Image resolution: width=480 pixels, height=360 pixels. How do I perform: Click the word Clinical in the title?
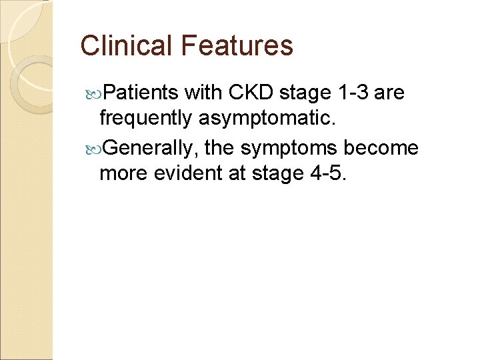coord(126,45)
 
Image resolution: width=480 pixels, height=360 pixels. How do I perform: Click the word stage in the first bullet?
coord(304,93)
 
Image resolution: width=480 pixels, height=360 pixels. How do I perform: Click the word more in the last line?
coord(123,173)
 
